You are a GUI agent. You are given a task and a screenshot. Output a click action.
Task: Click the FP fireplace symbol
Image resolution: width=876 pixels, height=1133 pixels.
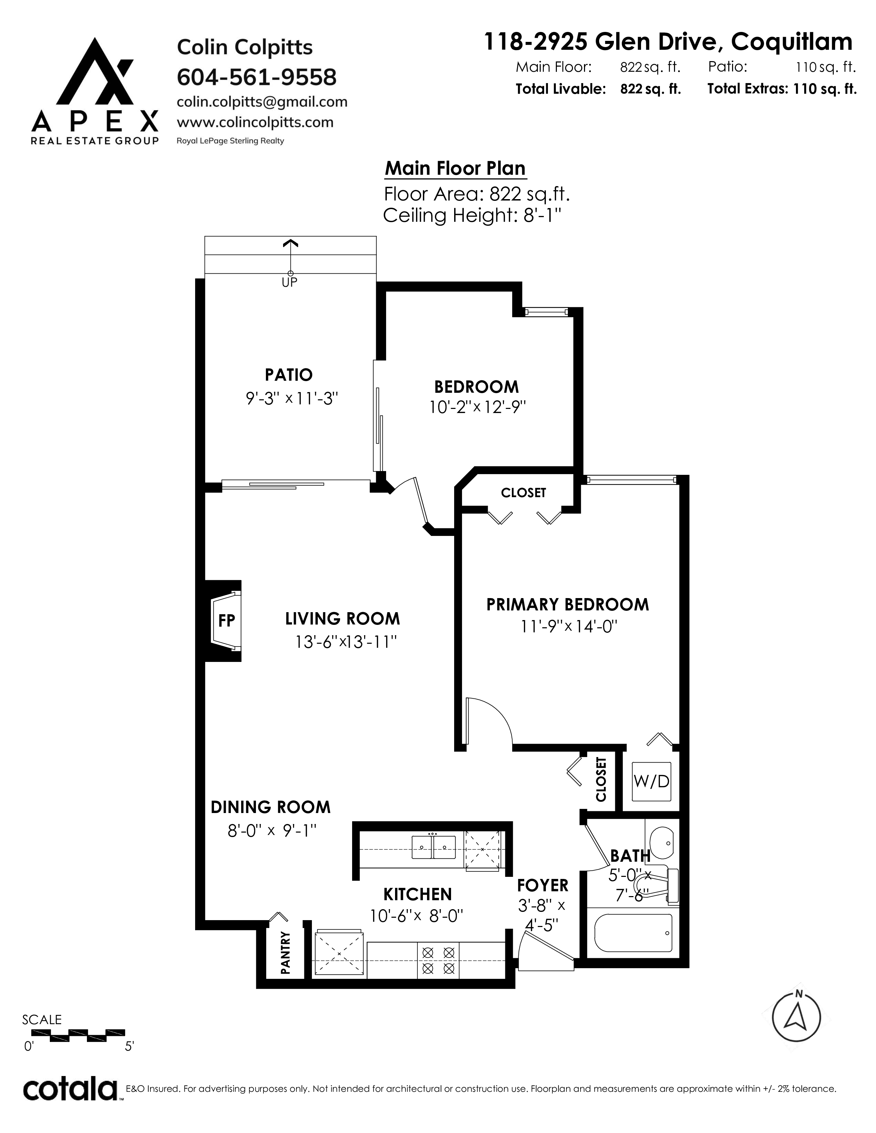tap(226, 620)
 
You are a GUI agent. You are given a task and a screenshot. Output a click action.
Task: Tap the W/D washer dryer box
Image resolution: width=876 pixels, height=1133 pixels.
tap(651, 781)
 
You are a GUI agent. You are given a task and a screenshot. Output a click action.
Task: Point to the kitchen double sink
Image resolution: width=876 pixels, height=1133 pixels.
tap(433, 847)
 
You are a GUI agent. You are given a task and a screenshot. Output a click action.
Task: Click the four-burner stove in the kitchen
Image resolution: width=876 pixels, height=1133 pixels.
tap(439, 960)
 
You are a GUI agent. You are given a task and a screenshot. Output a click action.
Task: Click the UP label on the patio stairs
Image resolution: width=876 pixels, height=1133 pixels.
tap(290, 282)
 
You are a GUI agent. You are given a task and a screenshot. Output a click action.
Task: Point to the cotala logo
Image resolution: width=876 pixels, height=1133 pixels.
tap(70, 1089)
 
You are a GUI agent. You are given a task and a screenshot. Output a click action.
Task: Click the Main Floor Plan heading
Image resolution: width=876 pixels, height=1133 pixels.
tap(455, 168)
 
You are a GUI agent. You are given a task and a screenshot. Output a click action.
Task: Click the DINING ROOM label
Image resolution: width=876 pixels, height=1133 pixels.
tap(270, 807)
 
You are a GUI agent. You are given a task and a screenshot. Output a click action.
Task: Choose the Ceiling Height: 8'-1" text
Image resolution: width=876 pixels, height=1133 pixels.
tap(473, 215)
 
